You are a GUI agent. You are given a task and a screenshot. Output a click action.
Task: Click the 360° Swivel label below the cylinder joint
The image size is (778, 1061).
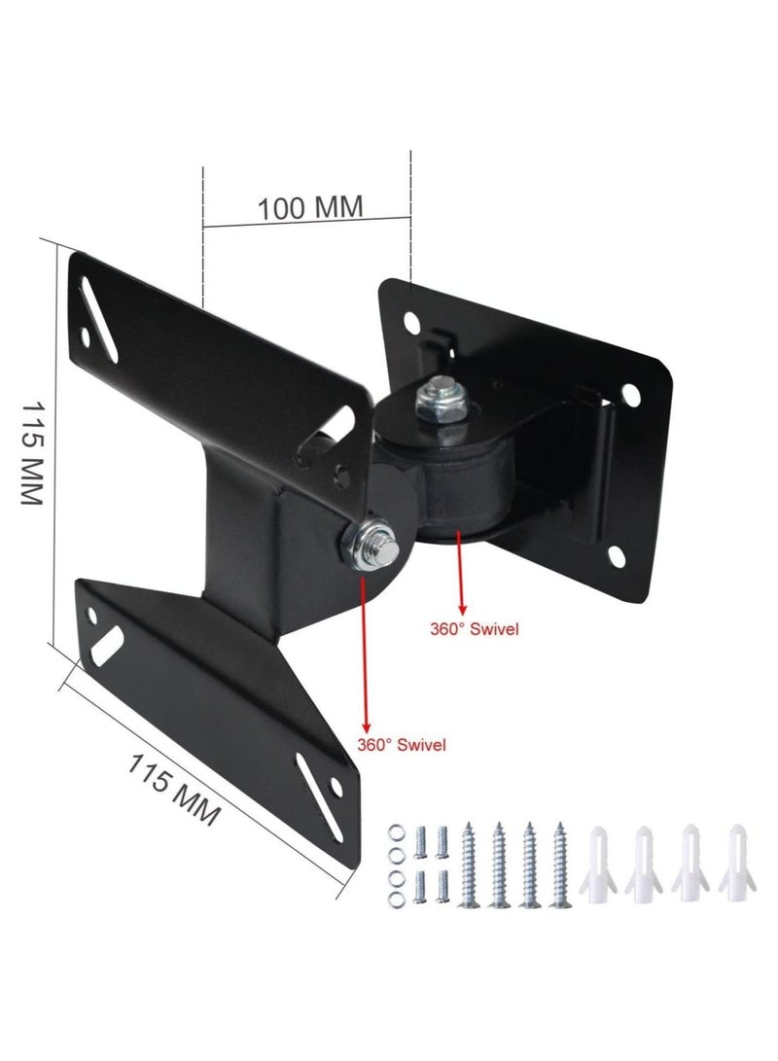pyautogui.click(x=475, y=629)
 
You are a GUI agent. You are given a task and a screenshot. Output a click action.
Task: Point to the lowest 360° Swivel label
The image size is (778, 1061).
pyautogui.click(x=401, y=746)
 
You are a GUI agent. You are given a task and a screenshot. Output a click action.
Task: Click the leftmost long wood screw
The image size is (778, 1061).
pyautogui.click(x=471, y=865)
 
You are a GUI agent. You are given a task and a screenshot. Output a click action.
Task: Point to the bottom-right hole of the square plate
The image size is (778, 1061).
pyautogui.click(x=619, y=556)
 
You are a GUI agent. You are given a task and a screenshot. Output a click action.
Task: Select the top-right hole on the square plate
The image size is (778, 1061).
pyautogui.click(x=631, y=395)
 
